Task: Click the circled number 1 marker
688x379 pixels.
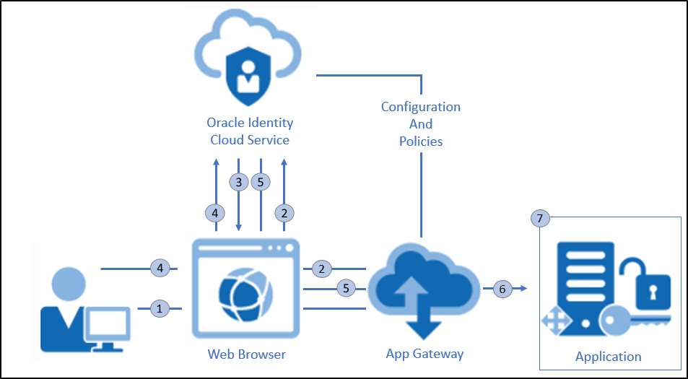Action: (160, 308)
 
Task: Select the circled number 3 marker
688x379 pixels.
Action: (239, 182)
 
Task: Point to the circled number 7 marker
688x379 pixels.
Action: (540, 218)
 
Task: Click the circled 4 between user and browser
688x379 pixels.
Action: (160, 269)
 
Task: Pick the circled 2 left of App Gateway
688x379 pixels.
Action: (321, 269)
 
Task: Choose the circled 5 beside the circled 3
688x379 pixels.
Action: (261, 182)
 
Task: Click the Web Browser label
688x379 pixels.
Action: (246, 354)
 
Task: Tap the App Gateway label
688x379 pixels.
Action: (424, 354)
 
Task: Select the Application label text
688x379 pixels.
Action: (608, 356)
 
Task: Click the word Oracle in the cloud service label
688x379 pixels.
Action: (227, 123)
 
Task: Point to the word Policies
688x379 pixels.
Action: (421, 141)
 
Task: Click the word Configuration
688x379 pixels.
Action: (421, 107)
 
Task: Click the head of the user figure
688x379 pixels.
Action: (71, 284)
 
